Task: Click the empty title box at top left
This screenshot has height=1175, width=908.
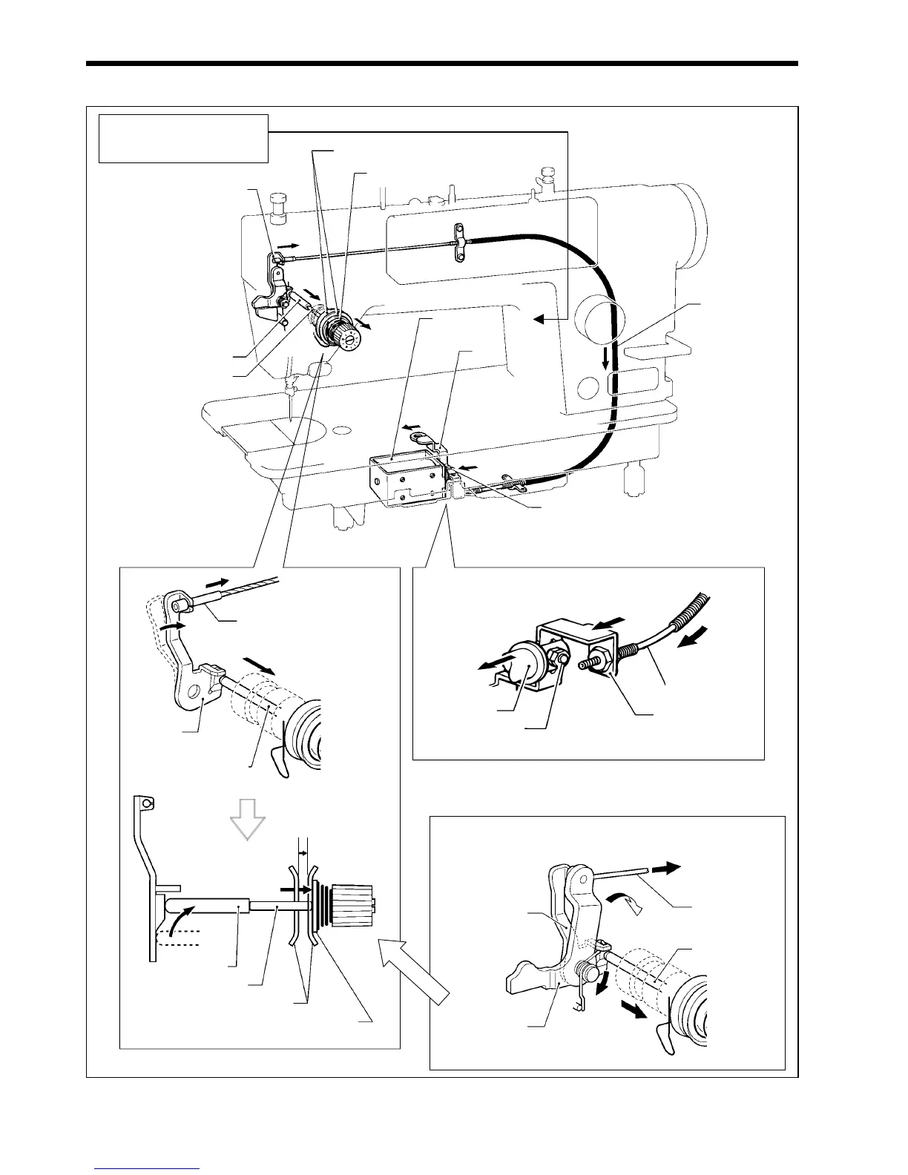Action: coord(183,138)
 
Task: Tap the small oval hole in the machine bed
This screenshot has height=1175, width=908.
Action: coord(341,429)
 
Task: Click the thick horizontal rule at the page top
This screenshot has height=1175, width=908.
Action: coord(441,64)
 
